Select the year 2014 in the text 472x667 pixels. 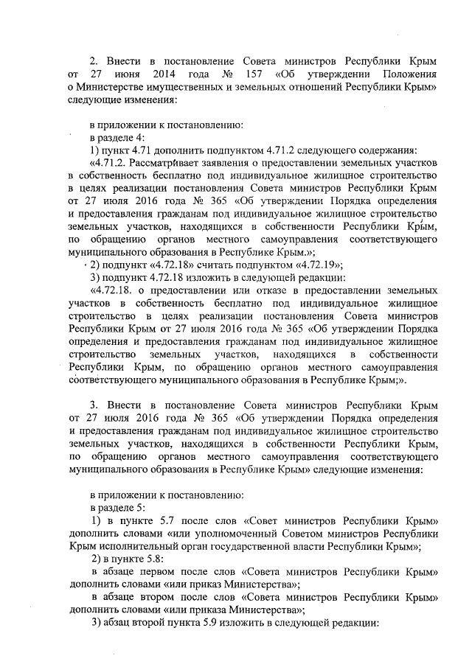tap(167, 75)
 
